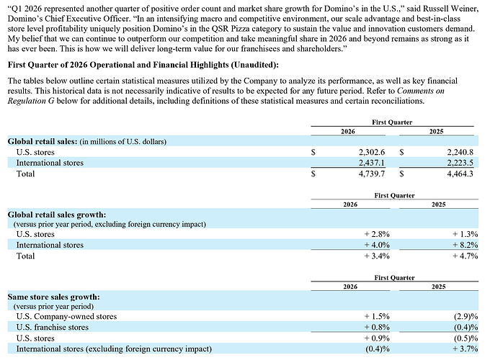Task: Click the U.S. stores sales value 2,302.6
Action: click(372, 153)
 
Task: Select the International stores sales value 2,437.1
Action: click(372, 163)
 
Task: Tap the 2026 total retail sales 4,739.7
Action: click(372, 174)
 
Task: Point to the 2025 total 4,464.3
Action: click(460, 174)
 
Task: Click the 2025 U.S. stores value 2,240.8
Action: click(460, 153)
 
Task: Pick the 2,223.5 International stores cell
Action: click(460, 163)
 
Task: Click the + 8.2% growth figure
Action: click(465, 245)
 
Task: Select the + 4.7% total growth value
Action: click(465, 256)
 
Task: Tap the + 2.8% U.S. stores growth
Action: click(377, 234)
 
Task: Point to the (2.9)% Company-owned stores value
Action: click(466, 317)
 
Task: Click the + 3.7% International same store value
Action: click(465, 348)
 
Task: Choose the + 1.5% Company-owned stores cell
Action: click(377, 317)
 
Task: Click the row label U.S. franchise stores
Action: click(53, 327)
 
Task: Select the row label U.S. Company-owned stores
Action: click(66, 317)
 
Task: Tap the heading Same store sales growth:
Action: click(54, 297)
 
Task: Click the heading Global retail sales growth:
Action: click(57, 215)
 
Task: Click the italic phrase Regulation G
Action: click(31, 102)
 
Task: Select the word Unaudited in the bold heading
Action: click(254, 65)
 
